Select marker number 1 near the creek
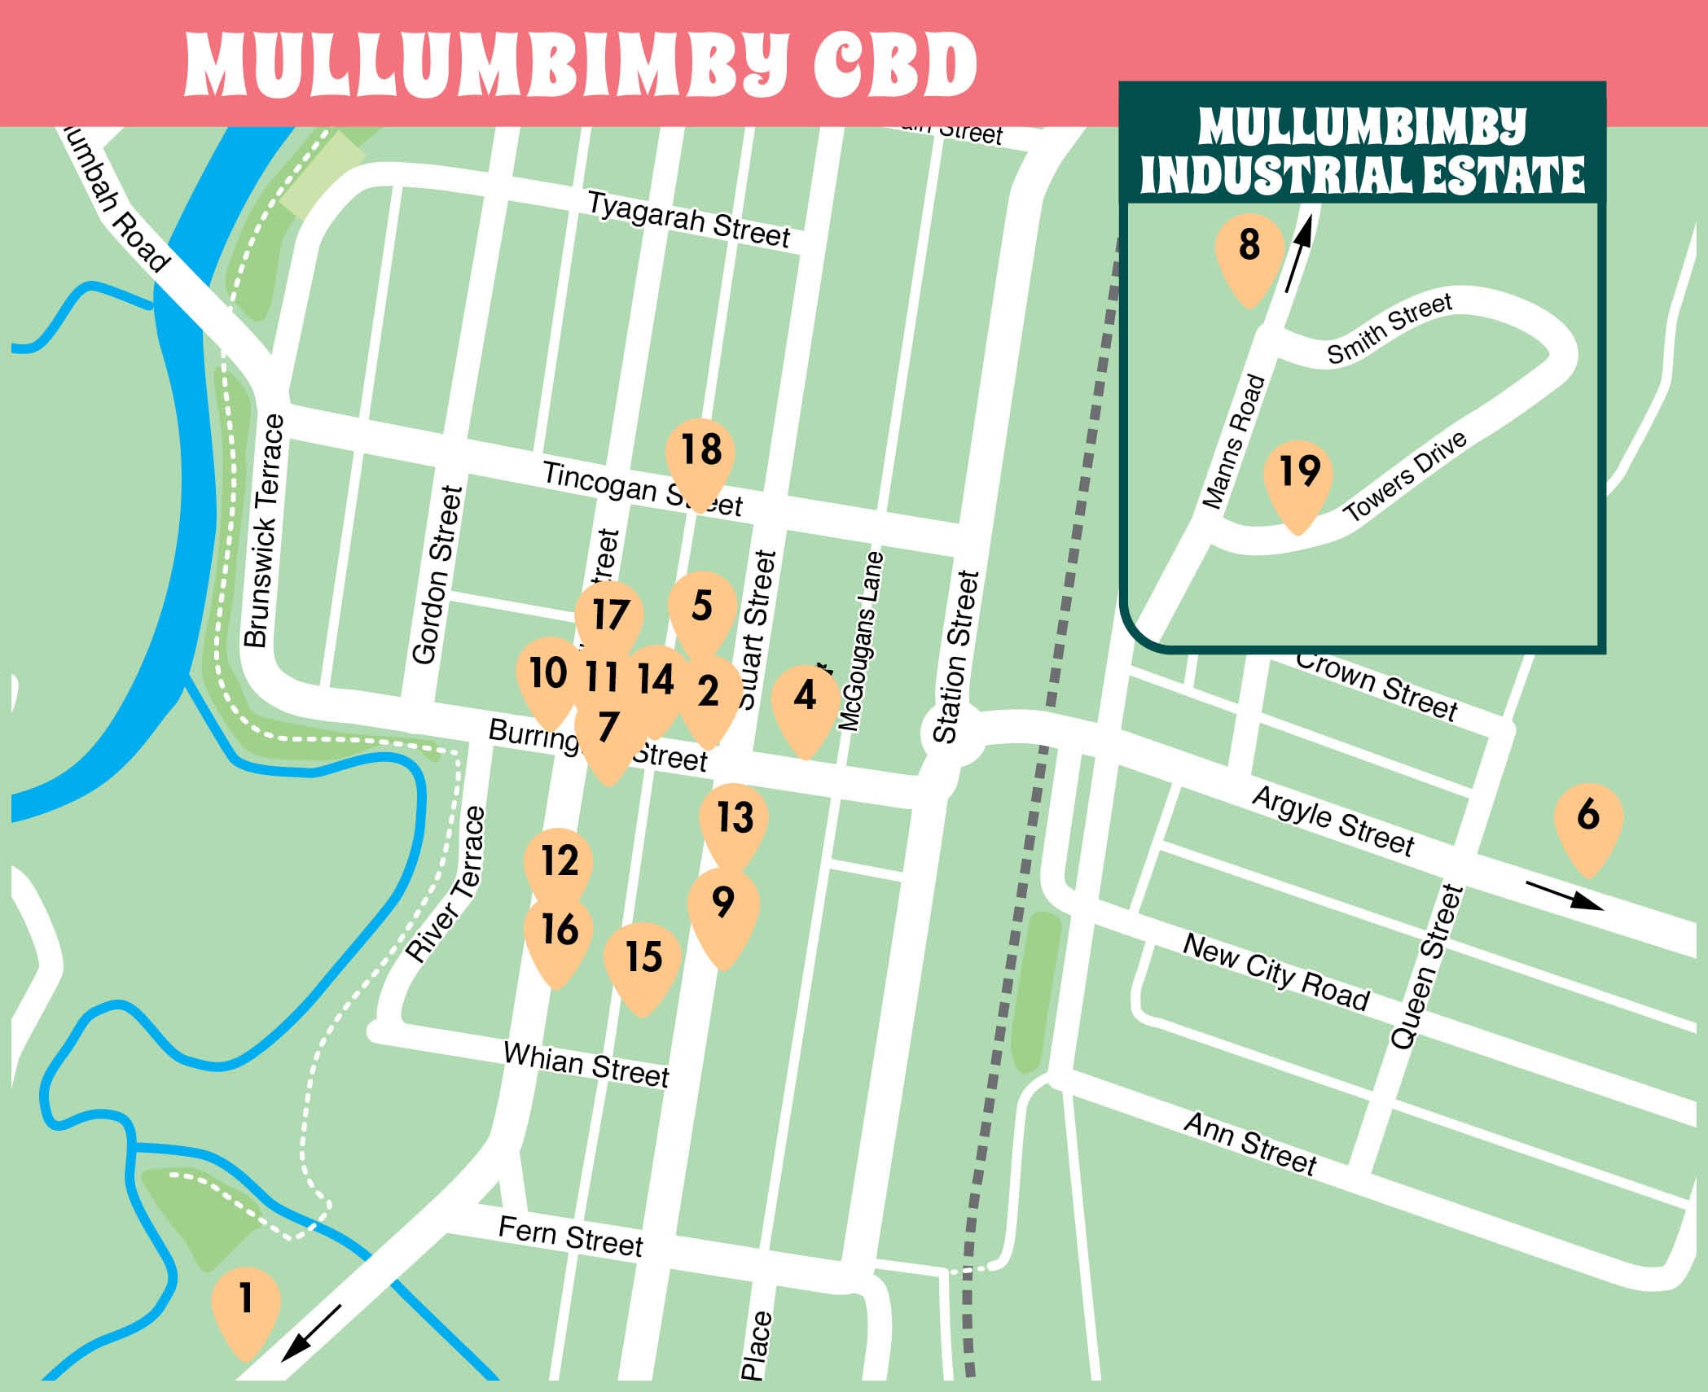[x=245, y=1303]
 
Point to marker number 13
[x=734, y=821]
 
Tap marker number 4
[x=805, y=701]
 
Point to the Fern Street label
[x=570, y=1237]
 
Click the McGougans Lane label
[x=862, y=641]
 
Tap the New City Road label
[x=1276, y=973]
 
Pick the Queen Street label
[x=1426, y=967]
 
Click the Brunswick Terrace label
[x=266, y=531]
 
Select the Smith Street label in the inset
[x=1390, y=328]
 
